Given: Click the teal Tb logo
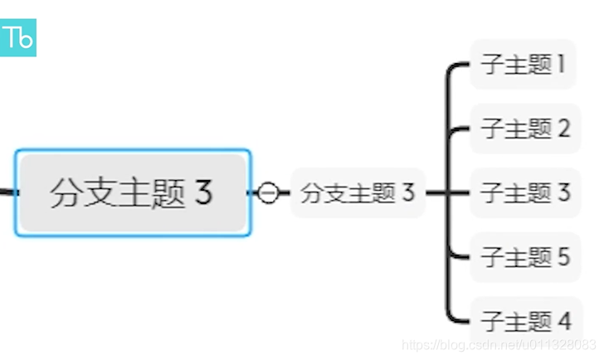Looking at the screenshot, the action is [17, 37].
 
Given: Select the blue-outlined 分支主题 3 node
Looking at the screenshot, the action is [132, 192].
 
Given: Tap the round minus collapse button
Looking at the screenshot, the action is [268, 192].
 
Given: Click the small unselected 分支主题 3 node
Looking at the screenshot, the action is [358, 193].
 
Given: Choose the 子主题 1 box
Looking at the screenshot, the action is [523, 65].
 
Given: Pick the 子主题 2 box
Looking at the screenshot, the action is [524, 129].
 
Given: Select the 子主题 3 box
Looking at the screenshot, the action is [524, 192].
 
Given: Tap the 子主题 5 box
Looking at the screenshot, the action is [524, 256].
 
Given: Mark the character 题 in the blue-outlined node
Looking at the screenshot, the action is [169, 192].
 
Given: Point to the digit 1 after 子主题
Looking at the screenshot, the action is [561, 65].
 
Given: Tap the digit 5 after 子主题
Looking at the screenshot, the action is [563, 256].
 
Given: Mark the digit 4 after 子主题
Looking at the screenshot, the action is [564, 320].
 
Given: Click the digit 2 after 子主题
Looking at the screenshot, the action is [563, 129].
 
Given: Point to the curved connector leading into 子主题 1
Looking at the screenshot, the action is [452, 70].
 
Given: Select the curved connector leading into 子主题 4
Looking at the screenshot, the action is [452, 314].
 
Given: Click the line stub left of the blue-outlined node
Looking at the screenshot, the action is [7, 192].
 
